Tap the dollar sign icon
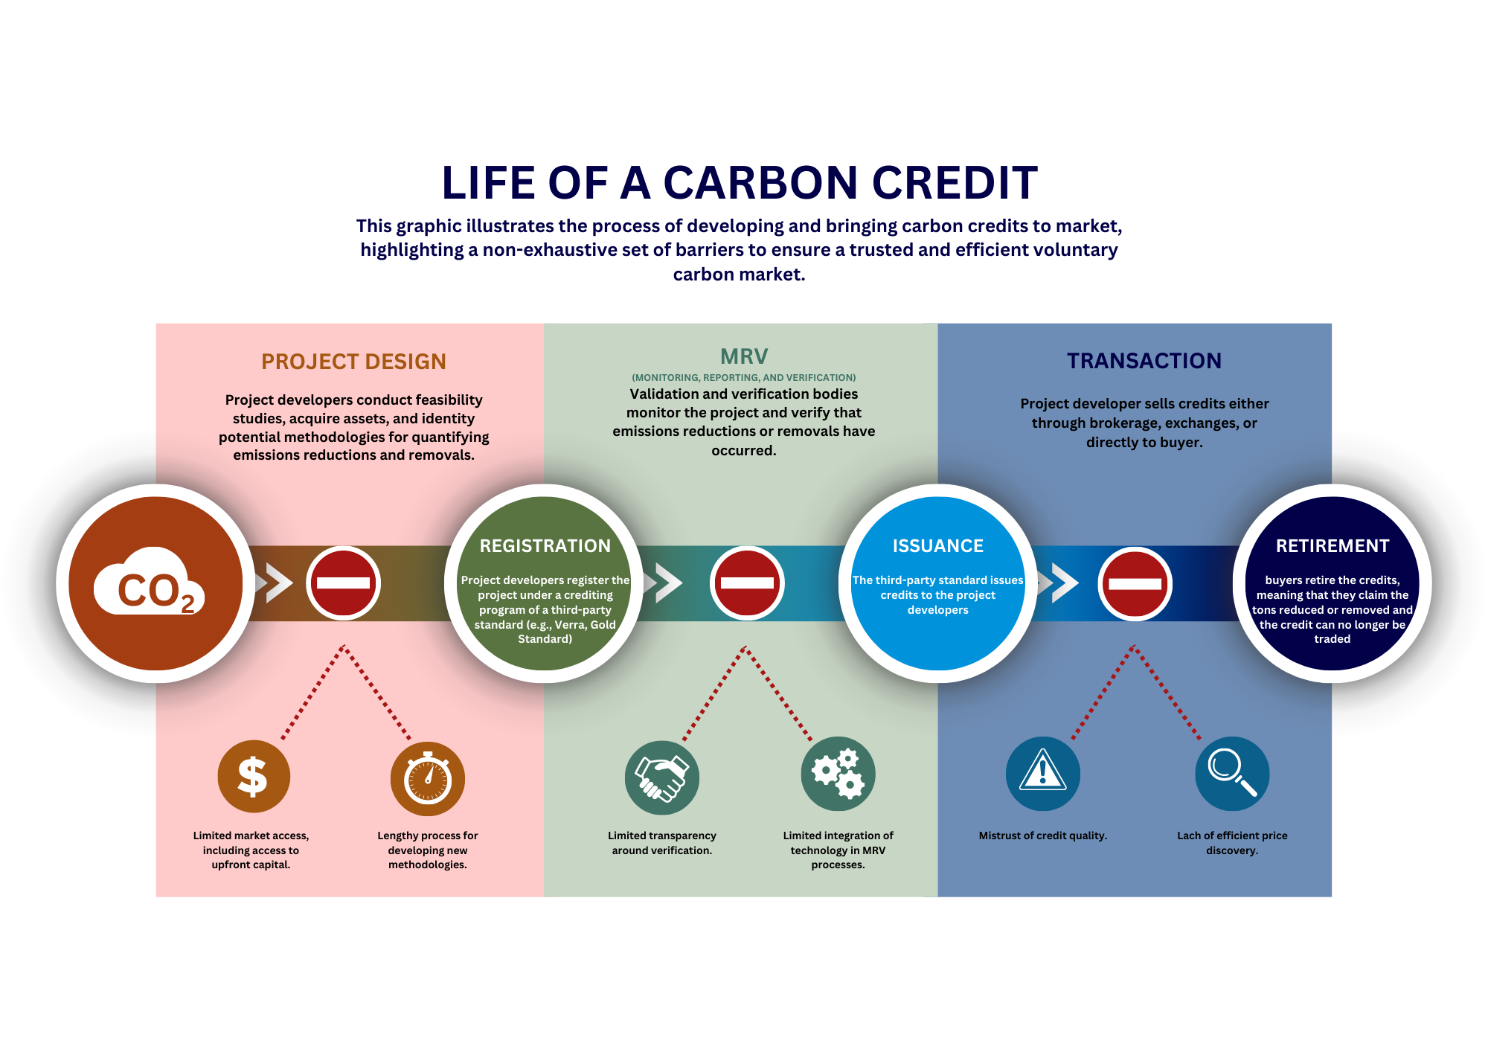click(x=253, y=776)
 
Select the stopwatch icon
click(x=428, y=778)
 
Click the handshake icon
click(x=661, y=777)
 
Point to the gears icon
click(x=838, y=774)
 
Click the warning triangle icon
click(x=1042, y=773)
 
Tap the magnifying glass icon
click(x=1232, y=773)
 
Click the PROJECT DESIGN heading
click(x=353, y=362)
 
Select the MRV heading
click(x=744, y=356)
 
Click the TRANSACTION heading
click(x=1144, y=361)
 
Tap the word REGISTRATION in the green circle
click(x=545, y=546)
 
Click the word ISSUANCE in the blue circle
click(x=938, y=546)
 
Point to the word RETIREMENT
click(x=1333, y=546)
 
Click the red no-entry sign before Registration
click(x=344, y=583)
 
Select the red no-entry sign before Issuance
click(x=747, y=583)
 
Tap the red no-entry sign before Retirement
click(x=1135, y=583)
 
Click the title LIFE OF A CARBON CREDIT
click(x=740, y=183)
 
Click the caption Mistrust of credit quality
click(x=1042, y=835)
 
